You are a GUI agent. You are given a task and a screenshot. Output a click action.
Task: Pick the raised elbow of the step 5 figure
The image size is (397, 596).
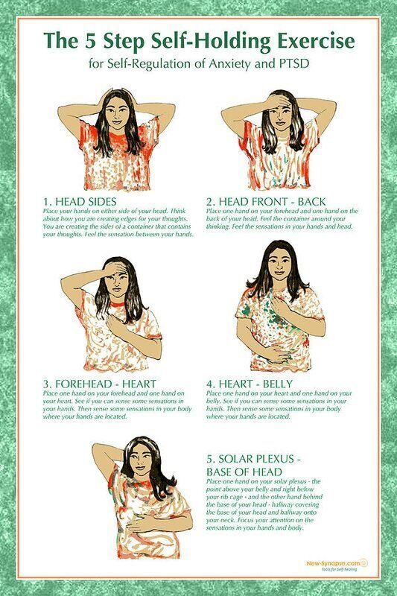click(x=99, y=447)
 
